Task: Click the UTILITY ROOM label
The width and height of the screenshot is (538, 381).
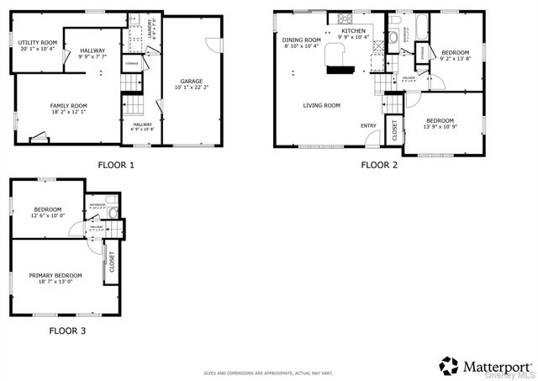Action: [37, 43]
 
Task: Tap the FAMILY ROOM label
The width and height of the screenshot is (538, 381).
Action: [68, 106]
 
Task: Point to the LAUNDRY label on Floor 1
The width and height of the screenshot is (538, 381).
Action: [151, 27]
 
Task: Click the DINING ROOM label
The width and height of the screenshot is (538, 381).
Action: [301, 40]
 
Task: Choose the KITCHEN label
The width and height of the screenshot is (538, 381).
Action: [353, 30]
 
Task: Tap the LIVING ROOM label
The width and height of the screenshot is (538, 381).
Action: [321, 105]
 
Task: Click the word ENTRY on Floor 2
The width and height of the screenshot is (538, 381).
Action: [369, 126]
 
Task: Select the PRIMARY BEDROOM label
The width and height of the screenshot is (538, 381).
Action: [55, 276]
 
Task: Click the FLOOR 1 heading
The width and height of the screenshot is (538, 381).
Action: [116, 165]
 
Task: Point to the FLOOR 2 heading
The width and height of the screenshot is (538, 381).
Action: [379, 165]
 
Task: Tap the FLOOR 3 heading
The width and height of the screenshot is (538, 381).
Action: [66, 331]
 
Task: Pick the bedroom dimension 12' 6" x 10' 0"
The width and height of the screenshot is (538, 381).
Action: [47, 216]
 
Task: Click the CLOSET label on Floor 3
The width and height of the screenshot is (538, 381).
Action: [111, 263]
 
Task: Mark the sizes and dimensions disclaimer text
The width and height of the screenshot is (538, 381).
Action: [268, 373]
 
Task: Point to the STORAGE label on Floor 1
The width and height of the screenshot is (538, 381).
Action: [132, 63]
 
